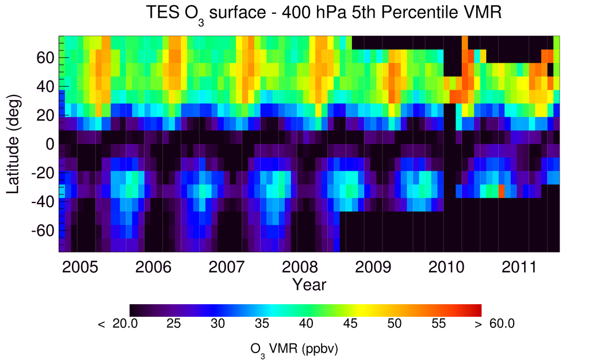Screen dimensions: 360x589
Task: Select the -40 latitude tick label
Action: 43,202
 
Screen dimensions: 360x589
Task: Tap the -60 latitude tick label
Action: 43,231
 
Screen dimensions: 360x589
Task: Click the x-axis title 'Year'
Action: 309,285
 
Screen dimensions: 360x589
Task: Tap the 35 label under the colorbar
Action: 262,324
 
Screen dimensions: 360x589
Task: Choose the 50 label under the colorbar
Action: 393,324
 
